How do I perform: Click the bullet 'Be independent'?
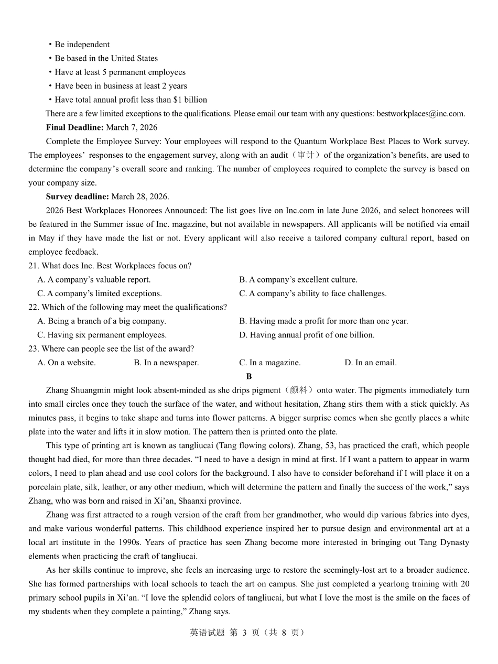82,45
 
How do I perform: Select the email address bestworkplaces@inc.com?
420,114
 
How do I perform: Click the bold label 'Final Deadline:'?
74,127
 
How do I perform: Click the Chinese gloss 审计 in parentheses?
305,155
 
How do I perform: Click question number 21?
34,266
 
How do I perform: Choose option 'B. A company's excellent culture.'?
298,280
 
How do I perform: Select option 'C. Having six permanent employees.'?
102,335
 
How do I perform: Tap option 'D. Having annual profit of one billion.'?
307,335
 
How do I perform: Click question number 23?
34,349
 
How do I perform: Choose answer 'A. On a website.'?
67,363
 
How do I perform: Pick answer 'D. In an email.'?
370,363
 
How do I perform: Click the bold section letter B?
249,376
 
